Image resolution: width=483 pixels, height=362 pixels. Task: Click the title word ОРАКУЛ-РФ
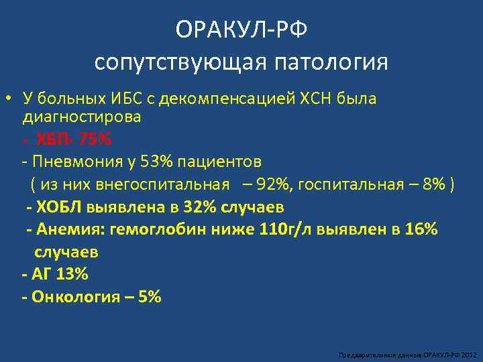241,30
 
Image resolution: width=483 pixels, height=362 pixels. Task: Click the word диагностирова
82,117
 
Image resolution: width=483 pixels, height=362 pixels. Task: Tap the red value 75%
94,140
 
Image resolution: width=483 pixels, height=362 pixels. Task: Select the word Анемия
62,229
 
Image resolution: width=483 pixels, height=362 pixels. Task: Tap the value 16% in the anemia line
420,229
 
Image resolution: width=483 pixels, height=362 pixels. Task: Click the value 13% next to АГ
72,274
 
